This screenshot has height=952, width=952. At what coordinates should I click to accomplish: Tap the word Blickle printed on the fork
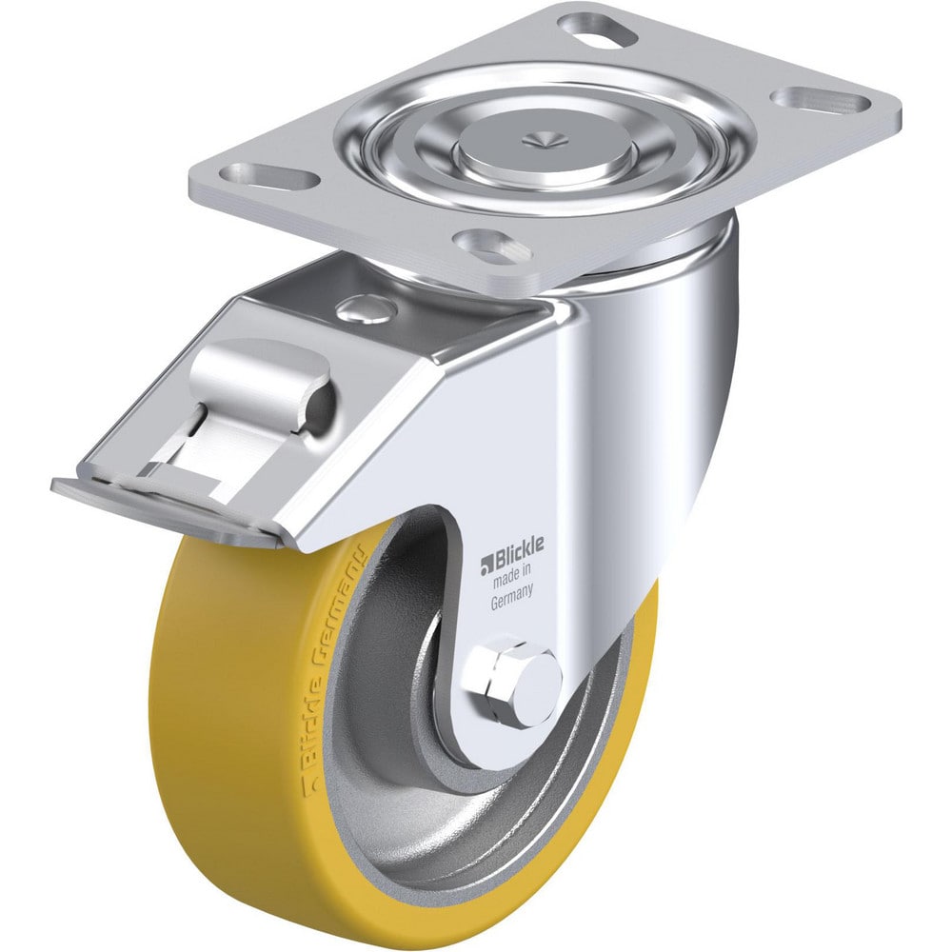519,545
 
